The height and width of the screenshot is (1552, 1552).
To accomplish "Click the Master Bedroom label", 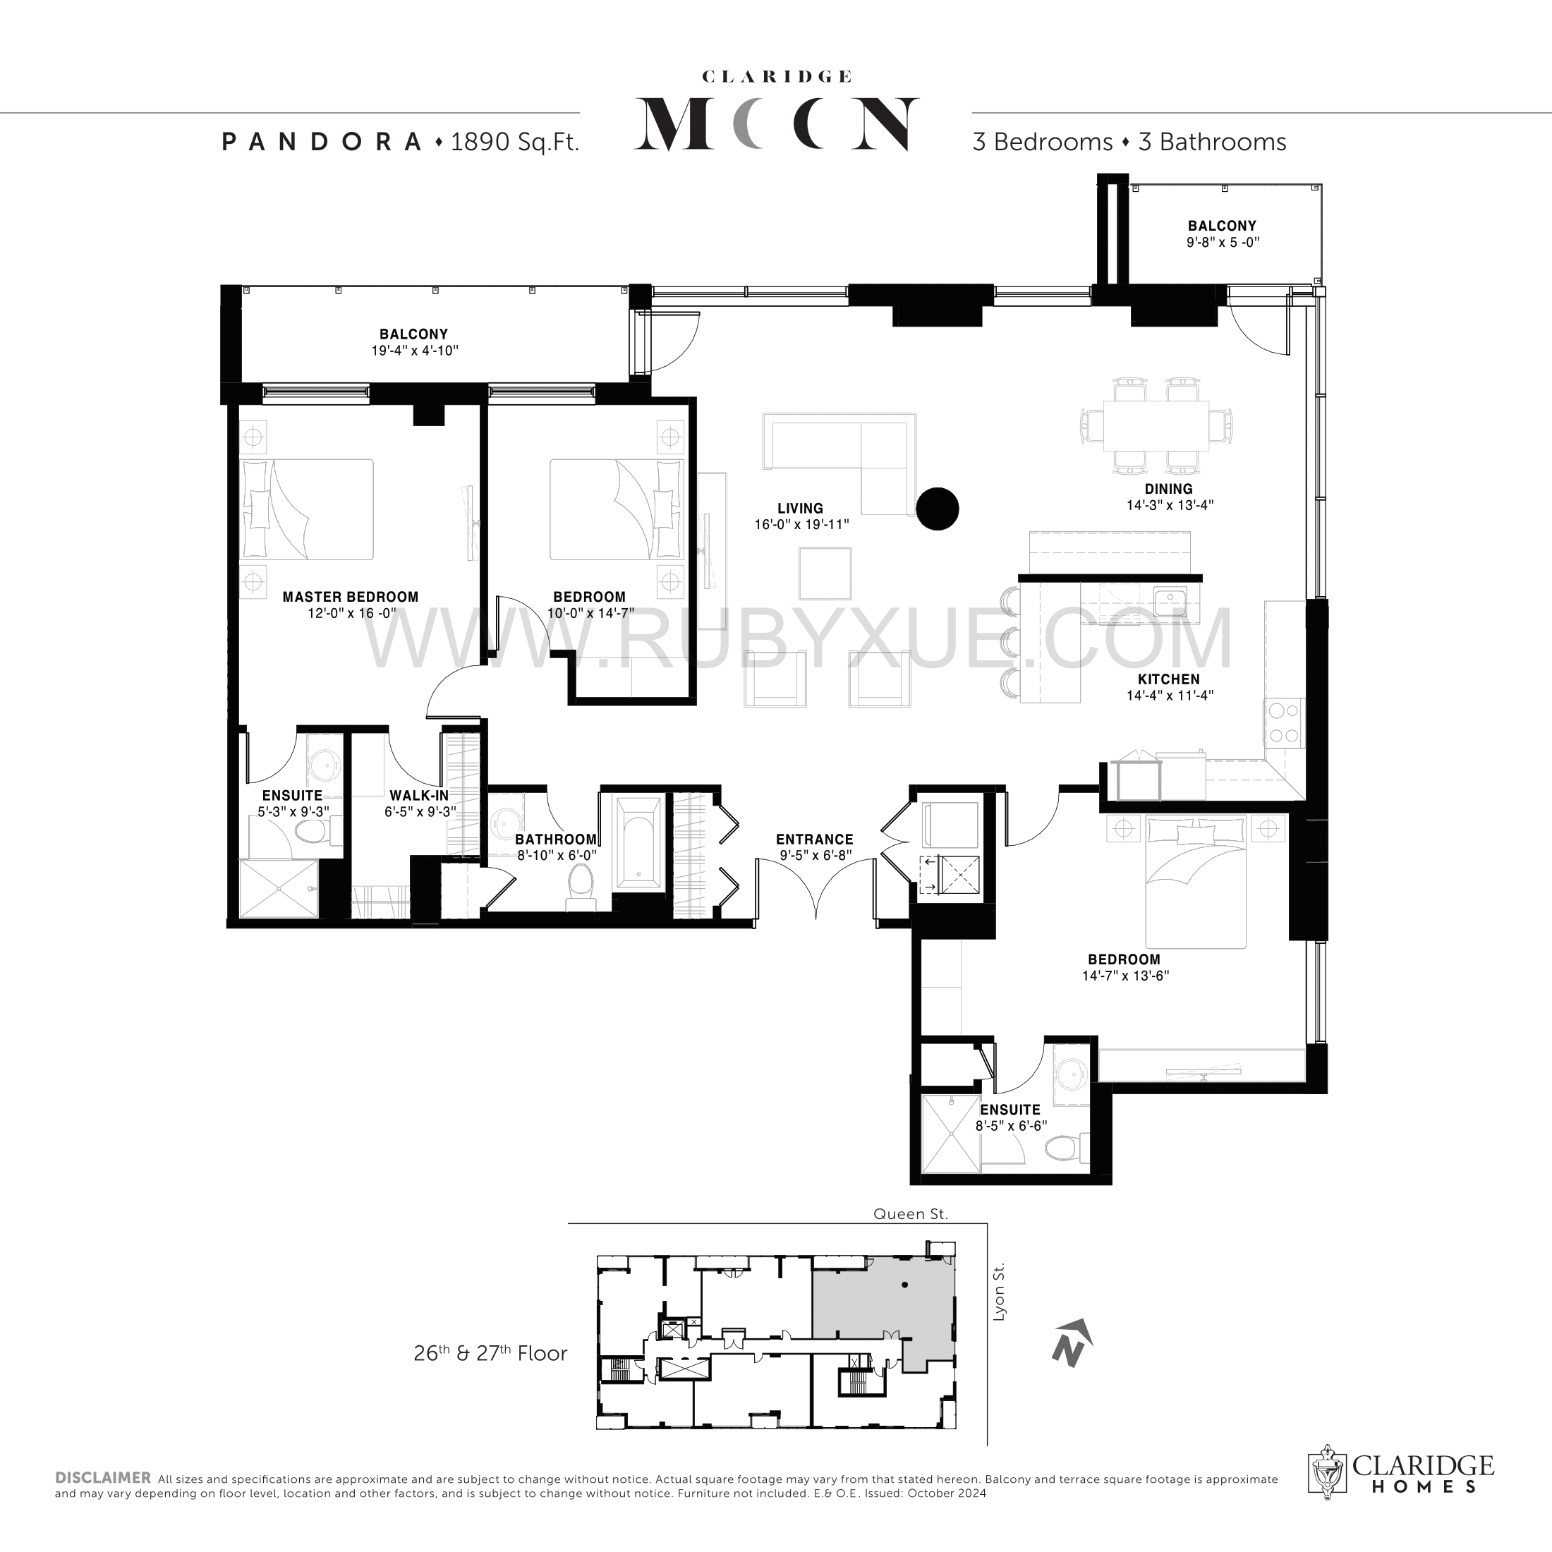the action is point(350,597).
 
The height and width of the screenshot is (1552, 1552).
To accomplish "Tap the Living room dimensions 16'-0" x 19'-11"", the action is point(801,526).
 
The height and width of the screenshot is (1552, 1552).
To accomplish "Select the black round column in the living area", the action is point(938,509).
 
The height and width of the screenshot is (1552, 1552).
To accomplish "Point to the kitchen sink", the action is point(1170,597).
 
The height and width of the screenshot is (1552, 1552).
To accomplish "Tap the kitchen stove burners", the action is point(1283,723).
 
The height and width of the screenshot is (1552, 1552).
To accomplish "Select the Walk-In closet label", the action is point(419,795).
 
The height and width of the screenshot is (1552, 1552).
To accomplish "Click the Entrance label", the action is point(815,839).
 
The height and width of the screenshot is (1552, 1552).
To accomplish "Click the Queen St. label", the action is point(911,1214).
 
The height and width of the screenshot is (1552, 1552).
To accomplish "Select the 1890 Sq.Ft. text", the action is point(515,143).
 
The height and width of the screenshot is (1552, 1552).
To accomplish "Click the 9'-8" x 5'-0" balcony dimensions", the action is point(1223,242).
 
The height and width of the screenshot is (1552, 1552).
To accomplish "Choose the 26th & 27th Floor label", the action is point(490,1354).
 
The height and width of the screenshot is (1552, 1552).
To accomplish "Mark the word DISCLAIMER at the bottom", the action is point(103,1478).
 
